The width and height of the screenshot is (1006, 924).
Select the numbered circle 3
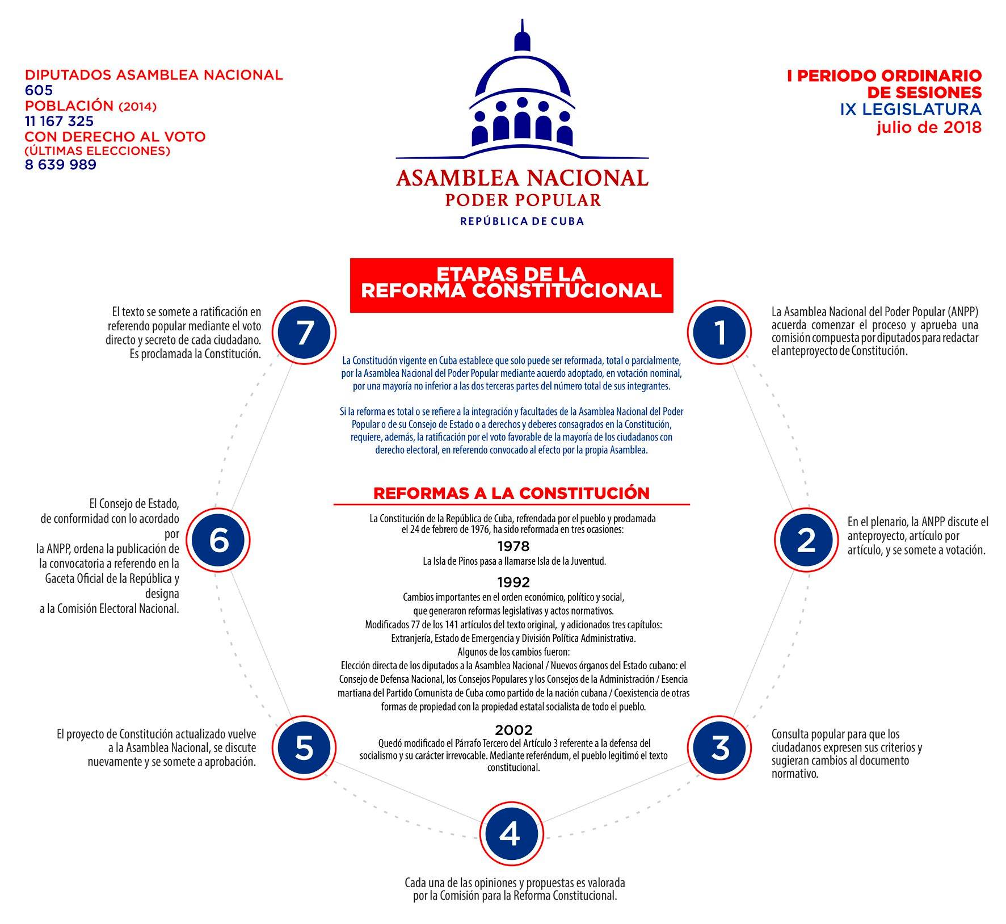pos(720,747)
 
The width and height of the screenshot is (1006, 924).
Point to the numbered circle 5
pos(304,747)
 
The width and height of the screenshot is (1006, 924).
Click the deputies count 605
pos(39,90)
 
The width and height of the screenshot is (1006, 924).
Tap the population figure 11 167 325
pos(60,121)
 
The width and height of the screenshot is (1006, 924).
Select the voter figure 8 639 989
pos(61,165)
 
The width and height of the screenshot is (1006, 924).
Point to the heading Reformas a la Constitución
pos(511,493)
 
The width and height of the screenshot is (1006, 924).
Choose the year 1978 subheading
pos(513,546)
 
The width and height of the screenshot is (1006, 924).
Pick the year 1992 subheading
pos(513,582)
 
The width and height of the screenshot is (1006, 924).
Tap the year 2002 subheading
pos(513,729)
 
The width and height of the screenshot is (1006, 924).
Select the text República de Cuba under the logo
pos(522,221)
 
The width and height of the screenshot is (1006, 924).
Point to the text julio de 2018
pos(928,128)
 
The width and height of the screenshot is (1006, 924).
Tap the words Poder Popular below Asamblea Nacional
pos(522,200)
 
